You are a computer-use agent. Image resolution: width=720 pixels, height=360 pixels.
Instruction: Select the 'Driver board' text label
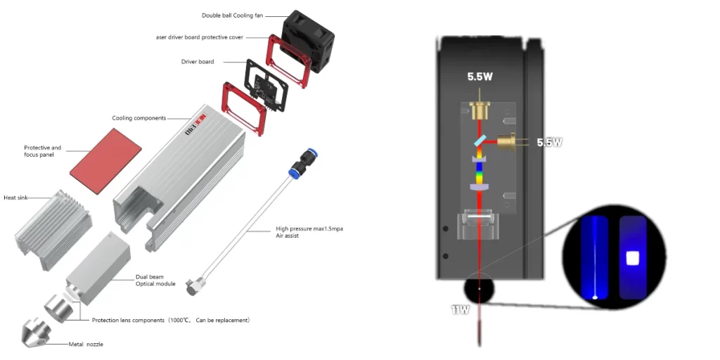[198, 62]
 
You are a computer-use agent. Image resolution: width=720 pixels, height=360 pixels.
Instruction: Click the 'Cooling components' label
[139, 118]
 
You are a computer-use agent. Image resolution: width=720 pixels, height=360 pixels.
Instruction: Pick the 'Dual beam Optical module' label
[155, 281]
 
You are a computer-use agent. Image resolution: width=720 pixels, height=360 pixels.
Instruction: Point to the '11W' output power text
[460, 309]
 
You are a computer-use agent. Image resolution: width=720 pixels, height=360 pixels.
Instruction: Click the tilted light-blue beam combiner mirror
[480, 144]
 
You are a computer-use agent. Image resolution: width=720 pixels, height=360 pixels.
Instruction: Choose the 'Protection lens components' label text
[170, 320]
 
